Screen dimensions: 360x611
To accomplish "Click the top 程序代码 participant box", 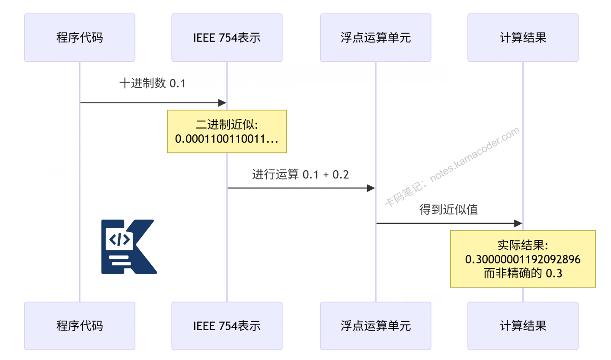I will (x=80, y=38).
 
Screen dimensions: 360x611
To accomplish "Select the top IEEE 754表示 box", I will (x=227, y=38).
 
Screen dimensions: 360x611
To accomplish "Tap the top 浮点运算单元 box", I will (x=375, y=38).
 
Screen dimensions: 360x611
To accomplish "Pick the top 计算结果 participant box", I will (x=522, y=38).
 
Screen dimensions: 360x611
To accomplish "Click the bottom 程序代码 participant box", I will (x=80, y=325).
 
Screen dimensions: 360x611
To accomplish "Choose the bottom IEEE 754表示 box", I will (x=227, y=325).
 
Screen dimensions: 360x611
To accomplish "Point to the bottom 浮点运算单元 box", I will (x=375, y=325).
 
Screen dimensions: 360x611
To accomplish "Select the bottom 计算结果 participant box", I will (x=522, y=325).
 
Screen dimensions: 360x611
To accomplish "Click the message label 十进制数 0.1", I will (x=152, y=83).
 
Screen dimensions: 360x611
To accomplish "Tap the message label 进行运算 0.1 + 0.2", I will (x=301, y=175).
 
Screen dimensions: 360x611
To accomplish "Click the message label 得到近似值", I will (x=448, y=210).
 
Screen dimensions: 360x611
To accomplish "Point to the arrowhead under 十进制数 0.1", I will (x=222, y=103).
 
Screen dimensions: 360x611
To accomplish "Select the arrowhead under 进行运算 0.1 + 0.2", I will (x=371, y=188).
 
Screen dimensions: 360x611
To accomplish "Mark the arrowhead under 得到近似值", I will (x=518, y=223).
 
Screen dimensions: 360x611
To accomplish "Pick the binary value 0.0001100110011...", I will (x=227, y=139).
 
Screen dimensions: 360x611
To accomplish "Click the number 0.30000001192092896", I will (x=522, y=260).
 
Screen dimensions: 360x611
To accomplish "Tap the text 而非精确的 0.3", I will (x=522, y=273).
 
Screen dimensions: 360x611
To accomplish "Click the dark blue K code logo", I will (x=128, y=247).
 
